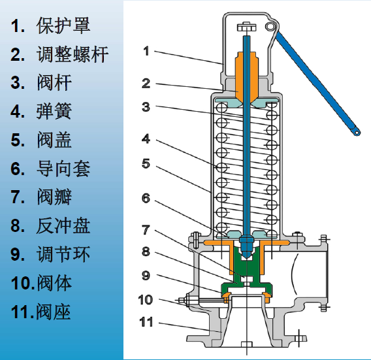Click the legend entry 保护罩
coord(63,25)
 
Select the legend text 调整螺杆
coord(73,54)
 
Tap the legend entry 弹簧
coord(54,111)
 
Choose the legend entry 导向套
coord(63,169)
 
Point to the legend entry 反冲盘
coord(63,225)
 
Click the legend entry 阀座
coord(54,312)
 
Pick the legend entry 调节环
coord(63,254)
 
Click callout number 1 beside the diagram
coord(147,51)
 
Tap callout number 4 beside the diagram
coord(146,139)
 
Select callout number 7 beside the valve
coord(146,230)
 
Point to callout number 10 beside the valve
coord(145,300)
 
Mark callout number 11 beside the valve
coord(146,322)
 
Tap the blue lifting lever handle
coord(317,84)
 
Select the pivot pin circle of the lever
coord(270,27)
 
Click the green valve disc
coord(246,272)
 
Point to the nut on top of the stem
coord(246,27)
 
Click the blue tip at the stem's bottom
coord(246,246)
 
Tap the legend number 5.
coord(18,140)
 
